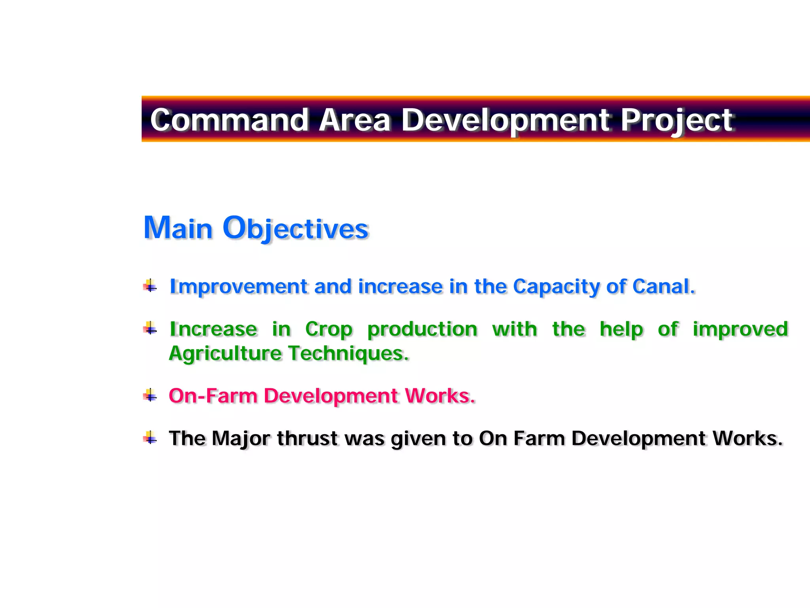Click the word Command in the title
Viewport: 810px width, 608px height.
pyautogui.click(x=229, y=120)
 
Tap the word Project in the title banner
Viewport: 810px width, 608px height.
pyautogui.click(x=676, y=120)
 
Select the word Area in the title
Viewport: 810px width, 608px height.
pyautogui.click(x=355, y=120)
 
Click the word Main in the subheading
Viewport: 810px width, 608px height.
pyautogui.click(x=178, y=228)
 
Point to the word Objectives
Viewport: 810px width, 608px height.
pyautogui.click(x=295, y=229)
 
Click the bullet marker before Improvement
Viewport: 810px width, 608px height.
pyautogui.click(x=150, y=285)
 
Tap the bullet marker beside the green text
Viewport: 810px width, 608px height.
pyautogui.click(x=150, y=328)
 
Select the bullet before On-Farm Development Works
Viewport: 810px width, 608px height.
pyautogui.click(x=150, y=395)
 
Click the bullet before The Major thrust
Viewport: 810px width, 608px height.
pyautogui.click(x=150, y=438)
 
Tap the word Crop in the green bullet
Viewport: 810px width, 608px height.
pyautogui.click(x=328, y=329)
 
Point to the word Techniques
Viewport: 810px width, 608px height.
pyautogui.click(x=348, y=353)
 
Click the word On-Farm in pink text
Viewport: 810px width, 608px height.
pyautogui.click(x=213, y=395)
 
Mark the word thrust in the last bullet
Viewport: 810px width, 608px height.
pyautogui.click(x=307, y=439)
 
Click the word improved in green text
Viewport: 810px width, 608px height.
pyautogui.click(x=740, y=329)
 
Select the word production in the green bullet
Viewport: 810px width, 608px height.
pyautogui.click(x=422, y=329)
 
